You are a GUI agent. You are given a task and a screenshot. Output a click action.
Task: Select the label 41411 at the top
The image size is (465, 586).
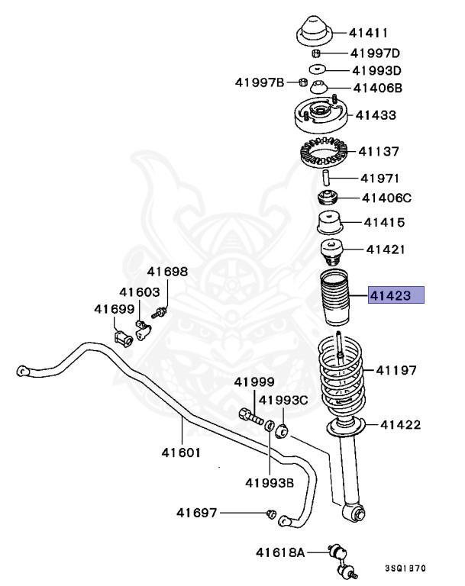click(x=369, y=33)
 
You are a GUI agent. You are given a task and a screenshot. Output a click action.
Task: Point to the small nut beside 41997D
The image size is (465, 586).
click(x=315, y=53)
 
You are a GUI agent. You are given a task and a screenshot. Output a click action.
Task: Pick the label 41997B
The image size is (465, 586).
click(x=260, y=82)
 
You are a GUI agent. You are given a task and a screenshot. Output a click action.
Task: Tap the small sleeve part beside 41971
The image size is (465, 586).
click(x=325, y=180)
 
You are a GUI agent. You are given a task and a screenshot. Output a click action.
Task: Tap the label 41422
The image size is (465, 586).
click(x=400, y=425)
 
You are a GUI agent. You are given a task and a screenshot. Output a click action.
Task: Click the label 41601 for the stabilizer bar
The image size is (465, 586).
click(x=180, y=452)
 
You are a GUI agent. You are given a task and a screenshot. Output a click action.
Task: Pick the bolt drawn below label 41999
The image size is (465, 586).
click(x=250, y=416)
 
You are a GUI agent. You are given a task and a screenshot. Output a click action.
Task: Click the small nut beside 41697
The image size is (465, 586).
click(x=270, y=515)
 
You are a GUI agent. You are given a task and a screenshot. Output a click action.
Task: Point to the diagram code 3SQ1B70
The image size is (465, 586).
click(x=408, y=569)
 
